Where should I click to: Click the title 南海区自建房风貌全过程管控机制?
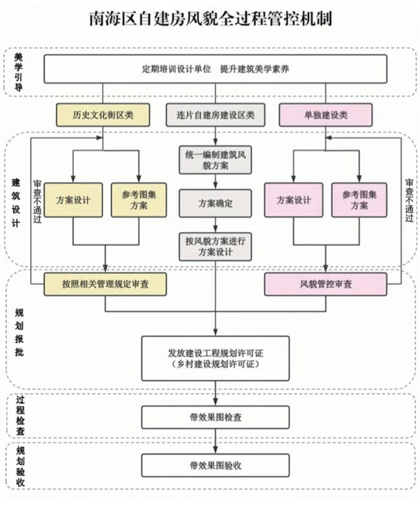(x=209, y=19)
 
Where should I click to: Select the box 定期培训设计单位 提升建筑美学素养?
(x=216, y=69)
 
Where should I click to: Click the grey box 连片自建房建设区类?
(x=215, y=115)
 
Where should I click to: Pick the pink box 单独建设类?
(x=326, y=115)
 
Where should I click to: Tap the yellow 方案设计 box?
(x=73, y=200)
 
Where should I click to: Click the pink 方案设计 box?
(x=293, y=200)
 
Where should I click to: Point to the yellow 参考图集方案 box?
(x=138, y=200)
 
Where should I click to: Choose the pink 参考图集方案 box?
(x=359, y=200)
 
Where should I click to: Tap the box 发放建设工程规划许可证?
(x=215, y=357)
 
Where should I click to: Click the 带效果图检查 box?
(x=215, y=416)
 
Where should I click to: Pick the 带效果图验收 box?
(x=215, y=465)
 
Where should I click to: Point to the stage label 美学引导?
(x=18, y=73)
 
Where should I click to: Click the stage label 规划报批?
(x=18, y=333)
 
